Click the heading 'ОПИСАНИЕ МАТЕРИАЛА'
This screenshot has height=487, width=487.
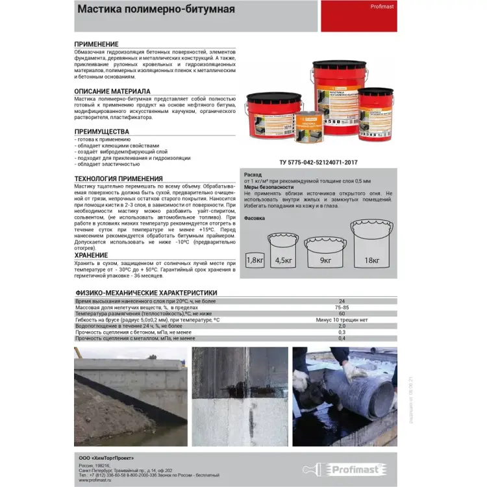112,91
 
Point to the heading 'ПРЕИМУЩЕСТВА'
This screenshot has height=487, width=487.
102,132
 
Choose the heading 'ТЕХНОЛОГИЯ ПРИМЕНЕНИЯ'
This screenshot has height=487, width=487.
119,178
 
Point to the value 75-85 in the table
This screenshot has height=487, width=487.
342,308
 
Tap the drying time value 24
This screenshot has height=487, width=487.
342,301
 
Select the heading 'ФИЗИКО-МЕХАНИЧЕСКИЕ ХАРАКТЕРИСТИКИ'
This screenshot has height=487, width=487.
146,293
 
